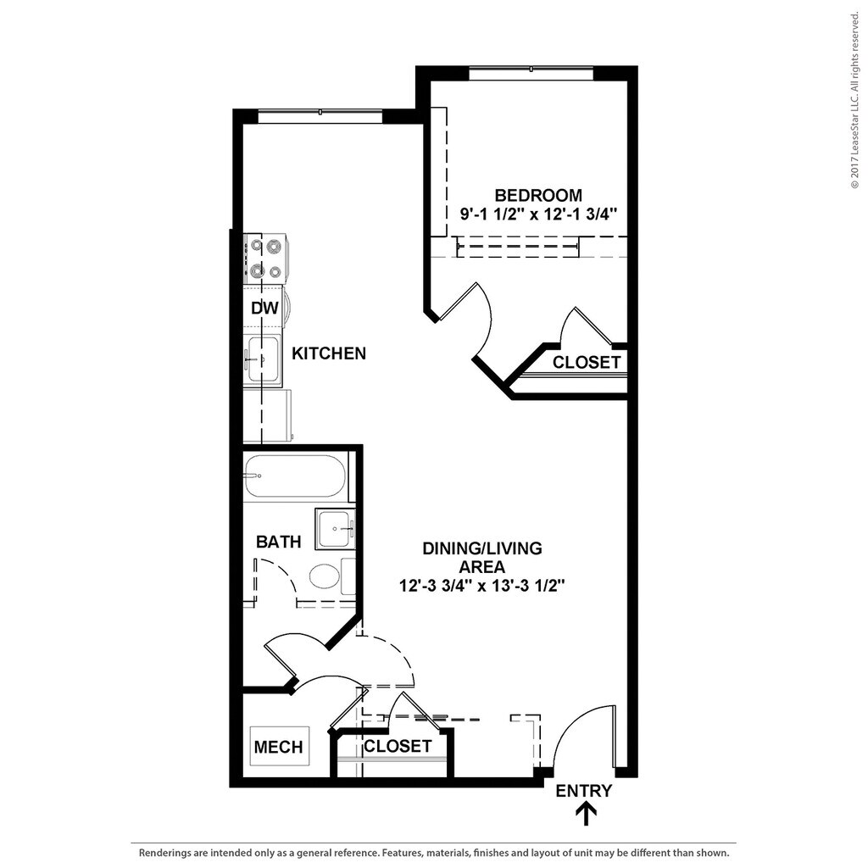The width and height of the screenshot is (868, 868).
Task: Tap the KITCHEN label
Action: tap(329, 353)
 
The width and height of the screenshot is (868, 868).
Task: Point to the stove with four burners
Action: tap(265, 259)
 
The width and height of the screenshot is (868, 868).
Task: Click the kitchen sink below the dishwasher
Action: tap(262, 361)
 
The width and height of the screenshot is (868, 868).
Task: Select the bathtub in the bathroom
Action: tap(294, 476)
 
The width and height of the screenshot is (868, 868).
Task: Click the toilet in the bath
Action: tap(325, 577)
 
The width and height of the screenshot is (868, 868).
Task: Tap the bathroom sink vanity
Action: tap(336, 528)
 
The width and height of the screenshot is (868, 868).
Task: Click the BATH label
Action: tap(278, 542)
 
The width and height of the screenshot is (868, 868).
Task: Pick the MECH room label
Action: tap(278, 747)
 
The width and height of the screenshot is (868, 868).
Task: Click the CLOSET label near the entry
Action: tap(397, 747)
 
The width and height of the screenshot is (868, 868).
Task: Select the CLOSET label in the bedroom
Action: tap(587, 363)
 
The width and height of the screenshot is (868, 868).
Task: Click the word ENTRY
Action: tap(583, 791)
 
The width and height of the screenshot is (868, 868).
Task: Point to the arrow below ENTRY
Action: tap(586, 814)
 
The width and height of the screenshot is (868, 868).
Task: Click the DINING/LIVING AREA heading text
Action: tap(481, 557)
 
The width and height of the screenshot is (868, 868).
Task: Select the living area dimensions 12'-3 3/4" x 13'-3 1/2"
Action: tap(481, 586)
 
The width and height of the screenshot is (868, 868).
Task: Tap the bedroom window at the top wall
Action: tap(531, 74)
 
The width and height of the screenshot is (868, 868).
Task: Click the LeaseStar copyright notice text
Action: tap(854, 102)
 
